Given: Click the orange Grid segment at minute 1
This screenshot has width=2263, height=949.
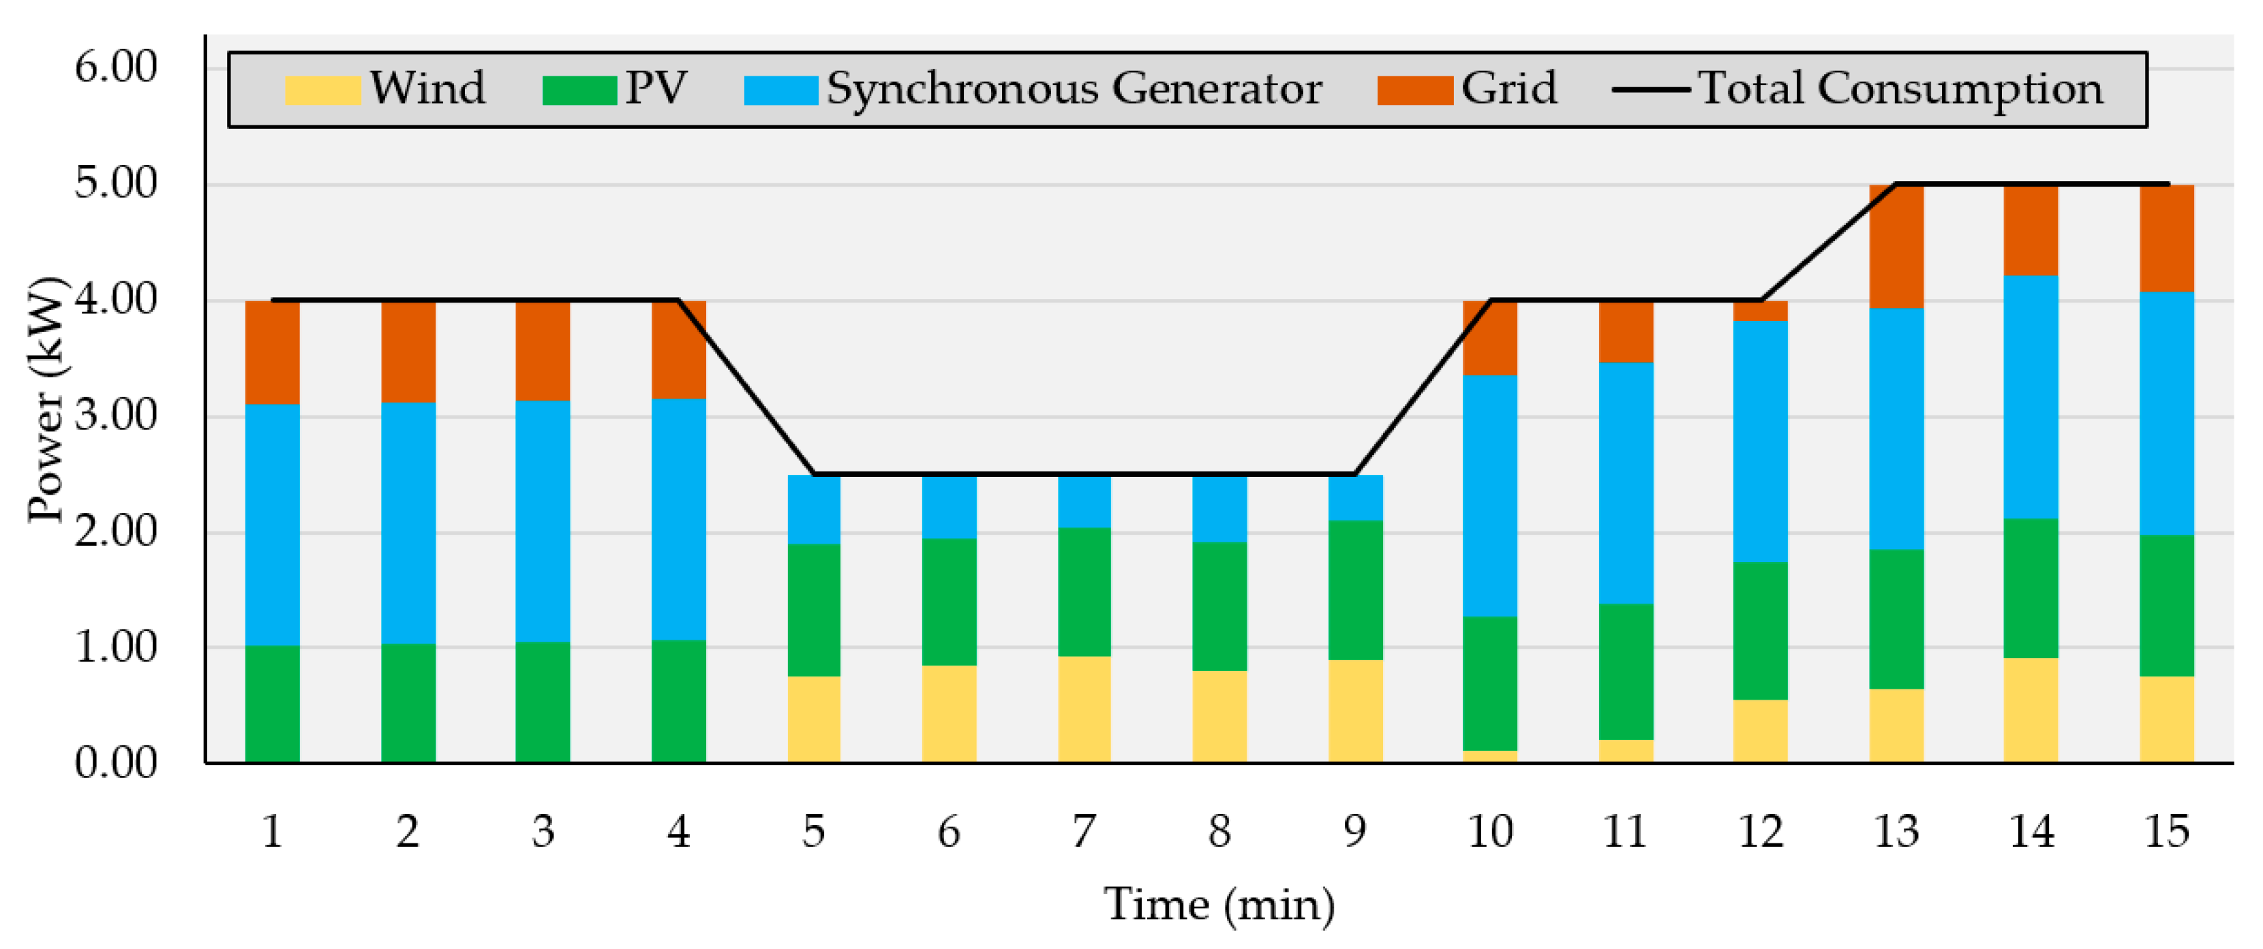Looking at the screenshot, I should pos(273,352).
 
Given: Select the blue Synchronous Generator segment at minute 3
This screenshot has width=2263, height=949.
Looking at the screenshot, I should pos(542,520).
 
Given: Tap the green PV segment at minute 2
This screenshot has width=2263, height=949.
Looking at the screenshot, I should pos(408,702).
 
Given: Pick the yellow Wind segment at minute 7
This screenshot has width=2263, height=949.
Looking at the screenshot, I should pos(1084,709).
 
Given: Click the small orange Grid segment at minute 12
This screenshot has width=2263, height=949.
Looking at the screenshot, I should pos(1760,311).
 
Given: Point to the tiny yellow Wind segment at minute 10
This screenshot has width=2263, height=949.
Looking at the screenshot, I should pos(1490,756).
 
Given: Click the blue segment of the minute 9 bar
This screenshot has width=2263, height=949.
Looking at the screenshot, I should pos(1354,498).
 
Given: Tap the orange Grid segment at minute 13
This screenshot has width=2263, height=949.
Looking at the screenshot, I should pos(1896,246).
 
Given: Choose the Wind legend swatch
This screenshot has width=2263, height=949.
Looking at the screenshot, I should pos(322,89).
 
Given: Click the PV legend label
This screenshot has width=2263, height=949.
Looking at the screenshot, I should pos(655,88).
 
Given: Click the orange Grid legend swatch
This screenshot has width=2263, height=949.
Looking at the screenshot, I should pos(1414,89).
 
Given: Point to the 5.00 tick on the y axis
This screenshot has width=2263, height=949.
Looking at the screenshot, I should pos(115,183).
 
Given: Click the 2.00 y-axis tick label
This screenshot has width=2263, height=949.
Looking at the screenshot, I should pos(115,531).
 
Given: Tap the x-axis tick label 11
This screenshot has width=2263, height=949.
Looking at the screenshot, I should pos(1624,830).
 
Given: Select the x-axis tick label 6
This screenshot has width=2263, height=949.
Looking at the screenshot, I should pos(949,830).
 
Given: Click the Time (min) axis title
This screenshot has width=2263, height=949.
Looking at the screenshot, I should pos(1219,904).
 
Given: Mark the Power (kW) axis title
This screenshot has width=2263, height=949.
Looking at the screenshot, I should pos(46,399).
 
